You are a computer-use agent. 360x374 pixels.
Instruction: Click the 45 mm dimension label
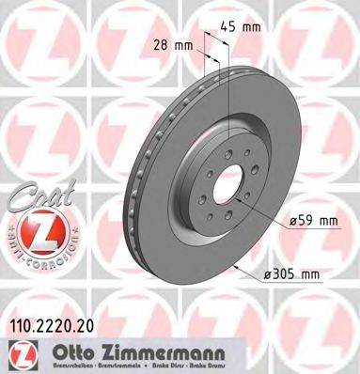(x=245, y=27)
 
